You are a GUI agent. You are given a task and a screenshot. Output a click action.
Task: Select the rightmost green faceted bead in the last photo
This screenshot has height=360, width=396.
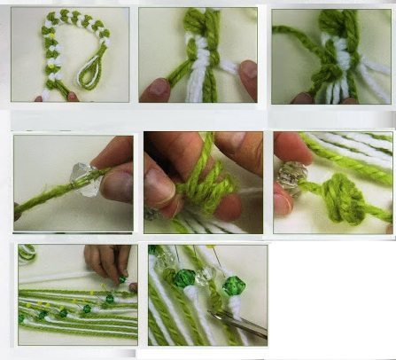[233, 286]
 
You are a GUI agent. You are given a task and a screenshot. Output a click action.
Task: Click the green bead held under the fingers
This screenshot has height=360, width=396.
[122, 280]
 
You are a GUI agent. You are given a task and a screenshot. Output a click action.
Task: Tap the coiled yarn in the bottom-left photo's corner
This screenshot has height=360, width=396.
[27, 253]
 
